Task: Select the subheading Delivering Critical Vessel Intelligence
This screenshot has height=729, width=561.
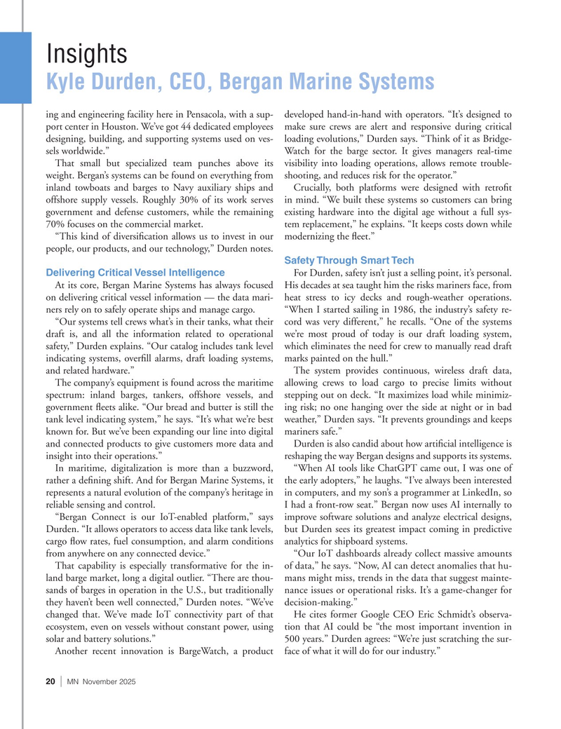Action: (x=135, y=272)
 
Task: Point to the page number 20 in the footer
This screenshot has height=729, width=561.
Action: (x=50, y=682)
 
